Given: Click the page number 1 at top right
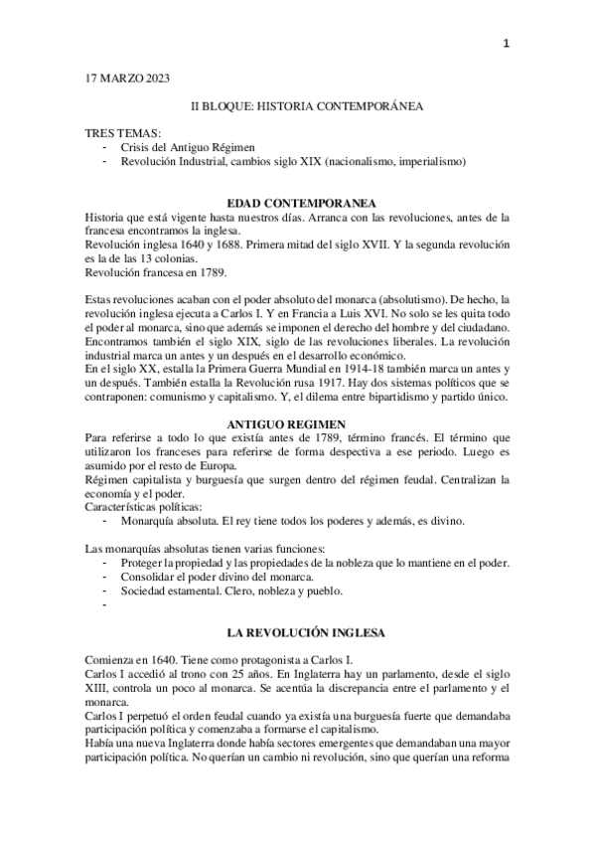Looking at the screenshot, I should pos(507,43).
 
